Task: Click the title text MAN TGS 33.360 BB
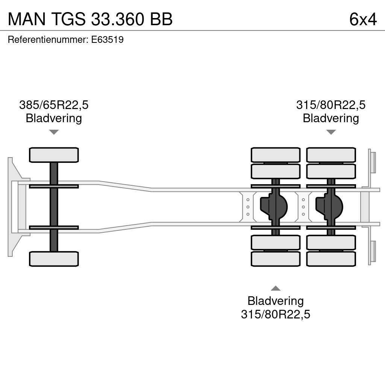[x=90, y=19]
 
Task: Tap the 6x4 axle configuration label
[x=362, y=19]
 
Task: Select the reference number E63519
[x=108, y=40]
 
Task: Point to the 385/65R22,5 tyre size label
[x=54, y=105]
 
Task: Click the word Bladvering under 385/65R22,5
[x=54, y=118]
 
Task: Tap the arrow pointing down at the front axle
[x=54, y=132]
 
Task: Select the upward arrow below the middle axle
[x=276, y=288]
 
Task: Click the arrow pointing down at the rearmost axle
[x=331, y=132]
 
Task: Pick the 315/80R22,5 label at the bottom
[x=276, y=314]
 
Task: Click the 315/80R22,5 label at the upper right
[x=331, y=105]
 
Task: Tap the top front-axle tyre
[x=54, y=155]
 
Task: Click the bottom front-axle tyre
[x=54, y=259]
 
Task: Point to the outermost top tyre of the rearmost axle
[x=331, y=155]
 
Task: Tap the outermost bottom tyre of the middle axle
[x=276, y=259]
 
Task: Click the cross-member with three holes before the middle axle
[x=248, y=207]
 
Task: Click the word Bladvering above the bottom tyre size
[x=276, y=301]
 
